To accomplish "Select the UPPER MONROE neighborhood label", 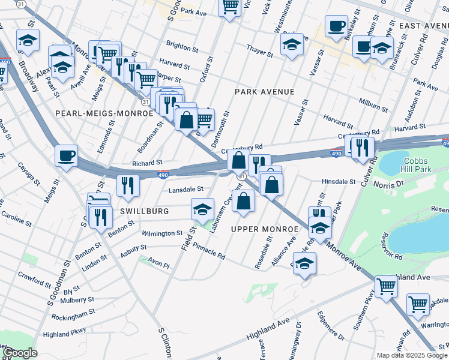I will coord(264,229).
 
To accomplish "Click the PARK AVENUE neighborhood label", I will coord(264,92).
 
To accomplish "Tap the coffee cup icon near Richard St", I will coord(66,155).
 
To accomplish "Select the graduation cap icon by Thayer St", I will coord(292,45).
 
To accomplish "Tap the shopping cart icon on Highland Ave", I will coord(386,286).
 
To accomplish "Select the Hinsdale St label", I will coord(339,181).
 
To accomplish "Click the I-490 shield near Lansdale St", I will coord(163,175).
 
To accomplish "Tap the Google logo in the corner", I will coord(19,353).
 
